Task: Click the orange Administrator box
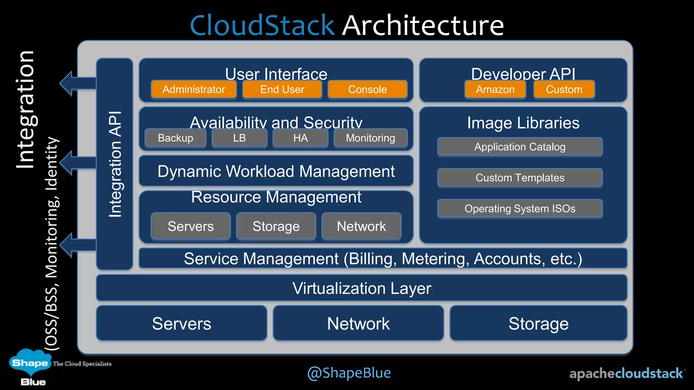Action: coord(193,89)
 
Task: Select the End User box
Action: coord(282,89)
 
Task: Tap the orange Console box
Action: coord(367,89)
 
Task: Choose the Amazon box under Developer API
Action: coord(495,89)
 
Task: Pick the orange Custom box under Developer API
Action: coord(564,89)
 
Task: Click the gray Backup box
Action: coord(175,138)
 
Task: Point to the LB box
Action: coord(239,138)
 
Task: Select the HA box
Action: coord(300,138)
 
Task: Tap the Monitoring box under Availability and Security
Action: coord(370,138)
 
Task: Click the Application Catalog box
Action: coord(520,147)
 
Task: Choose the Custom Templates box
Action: coord(520,178)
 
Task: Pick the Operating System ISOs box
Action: coord(520,209)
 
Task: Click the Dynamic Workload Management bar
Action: coord(276,171)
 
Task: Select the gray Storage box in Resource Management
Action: coord(276,226)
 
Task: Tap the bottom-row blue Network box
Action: coord(358,323)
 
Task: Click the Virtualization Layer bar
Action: coord(362,288)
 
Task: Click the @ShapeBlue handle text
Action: coord(349,373)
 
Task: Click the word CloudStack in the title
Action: coord(262,25)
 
